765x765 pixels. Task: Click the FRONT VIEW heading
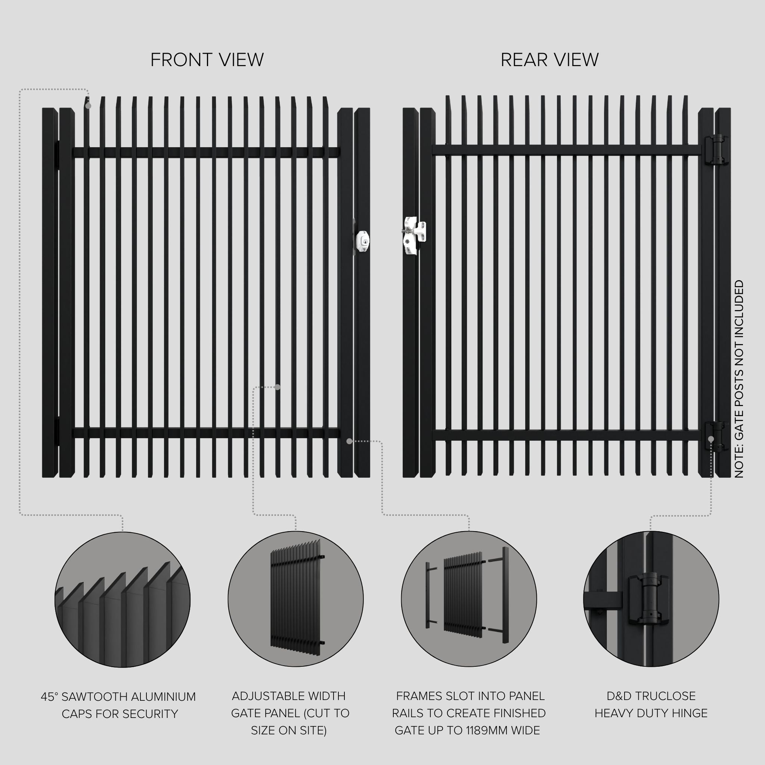[x=207, y=60]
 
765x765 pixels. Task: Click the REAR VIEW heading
[x=549, y=60]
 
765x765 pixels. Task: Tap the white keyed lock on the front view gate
[x=362, y=240]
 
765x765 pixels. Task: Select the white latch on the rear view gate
[x=414, y=235]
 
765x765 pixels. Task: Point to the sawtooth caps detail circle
[x=123, y=599]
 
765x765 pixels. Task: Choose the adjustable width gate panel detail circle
[x=295, y=599]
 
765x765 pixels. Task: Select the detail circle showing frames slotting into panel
[x=469, y=599]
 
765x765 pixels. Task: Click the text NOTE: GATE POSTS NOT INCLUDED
[x=739, y=379]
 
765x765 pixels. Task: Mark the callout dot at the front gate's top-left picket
[x=88, y=106]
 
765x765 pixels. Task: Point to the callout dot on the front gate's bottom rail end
[x=349, y=441]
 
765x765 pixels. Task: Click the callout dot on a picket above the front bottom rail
[x=278, y=387]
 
